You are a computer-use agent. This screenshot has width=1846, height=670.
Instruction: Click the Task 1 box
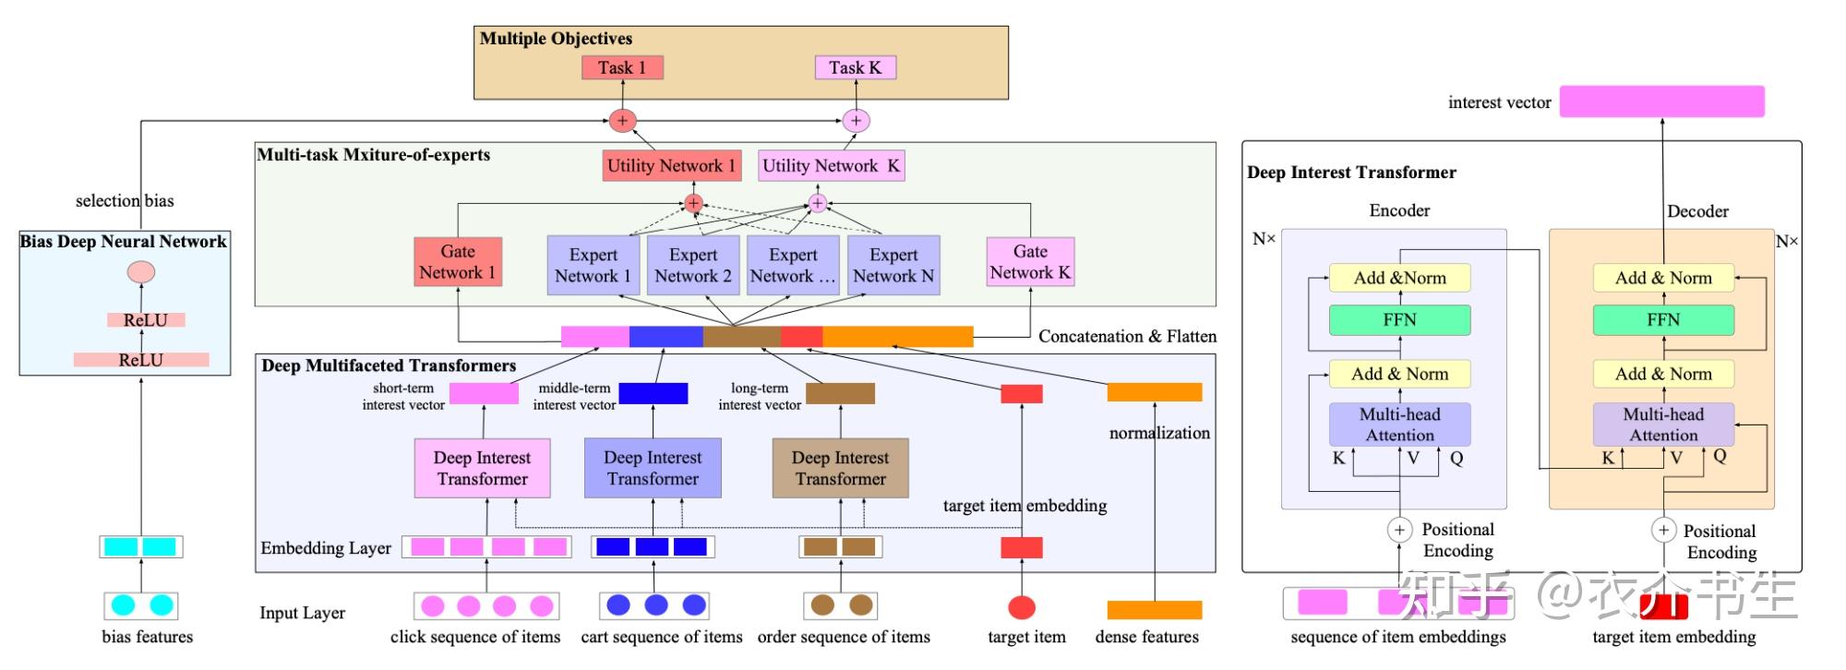[x=622, y=67]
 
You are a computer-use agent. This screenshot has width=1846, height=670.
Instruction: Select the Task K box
[x=855, y=67]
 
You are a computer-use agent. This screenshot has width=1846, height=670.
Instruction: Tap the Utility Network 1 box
[x=671, y=166]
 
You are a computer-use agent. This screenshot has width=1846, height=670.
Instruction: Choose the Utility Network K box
[x=831, y=166]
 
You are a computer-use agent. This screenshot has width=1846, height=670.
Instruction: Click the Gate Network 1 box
[x=458, y=262]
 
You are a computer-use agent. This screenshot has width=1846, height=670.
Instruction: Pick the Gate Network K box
[x=1030, y=262]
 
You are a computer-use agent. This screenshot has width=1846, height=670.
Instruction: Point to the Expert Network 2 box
[x=693, y=266]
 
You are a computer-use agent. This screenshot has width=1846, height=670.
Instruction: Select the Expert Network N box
[x=893, y=266]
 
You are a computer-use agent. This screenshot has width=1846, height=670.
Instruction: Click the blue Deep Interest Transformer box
[x=653, y=469]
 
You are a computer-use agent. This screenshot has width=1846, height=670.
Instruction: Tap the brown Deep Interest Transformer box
[x=840, y=469]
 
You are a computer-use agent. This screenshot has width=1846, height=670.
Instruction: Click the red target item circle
[x=1022, y=607]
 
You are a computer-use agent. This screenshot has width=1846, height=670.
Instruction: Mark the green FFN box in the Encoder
[x=1399, y=320]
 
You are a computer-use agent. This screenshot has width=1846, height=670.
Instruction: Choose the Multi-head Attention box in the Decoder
[x=1663, y=425]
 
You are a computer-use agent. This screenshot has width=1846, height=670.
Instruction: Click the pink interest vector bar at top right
[x=1661, y=102]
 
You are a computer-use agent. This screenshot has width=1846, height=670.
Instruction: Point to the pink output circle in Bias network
[x=140, y=272]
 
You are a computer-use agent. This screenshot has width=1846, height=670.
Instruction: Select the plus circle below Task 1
[x=622, y=121]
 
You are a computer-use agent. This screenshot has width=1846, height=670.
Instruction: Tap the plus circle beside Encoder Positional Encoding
[x=1399, y=530]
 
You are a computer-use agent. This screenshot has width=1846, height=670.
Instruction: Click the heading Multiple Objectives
[x=556, y=39]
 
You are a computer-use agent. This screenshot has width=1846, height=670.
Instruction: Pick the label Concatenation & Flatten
[x=1127, y=337]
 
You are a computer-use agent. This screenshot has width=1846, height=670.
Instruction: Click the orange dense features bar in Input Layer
[x=1155, y=610]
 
